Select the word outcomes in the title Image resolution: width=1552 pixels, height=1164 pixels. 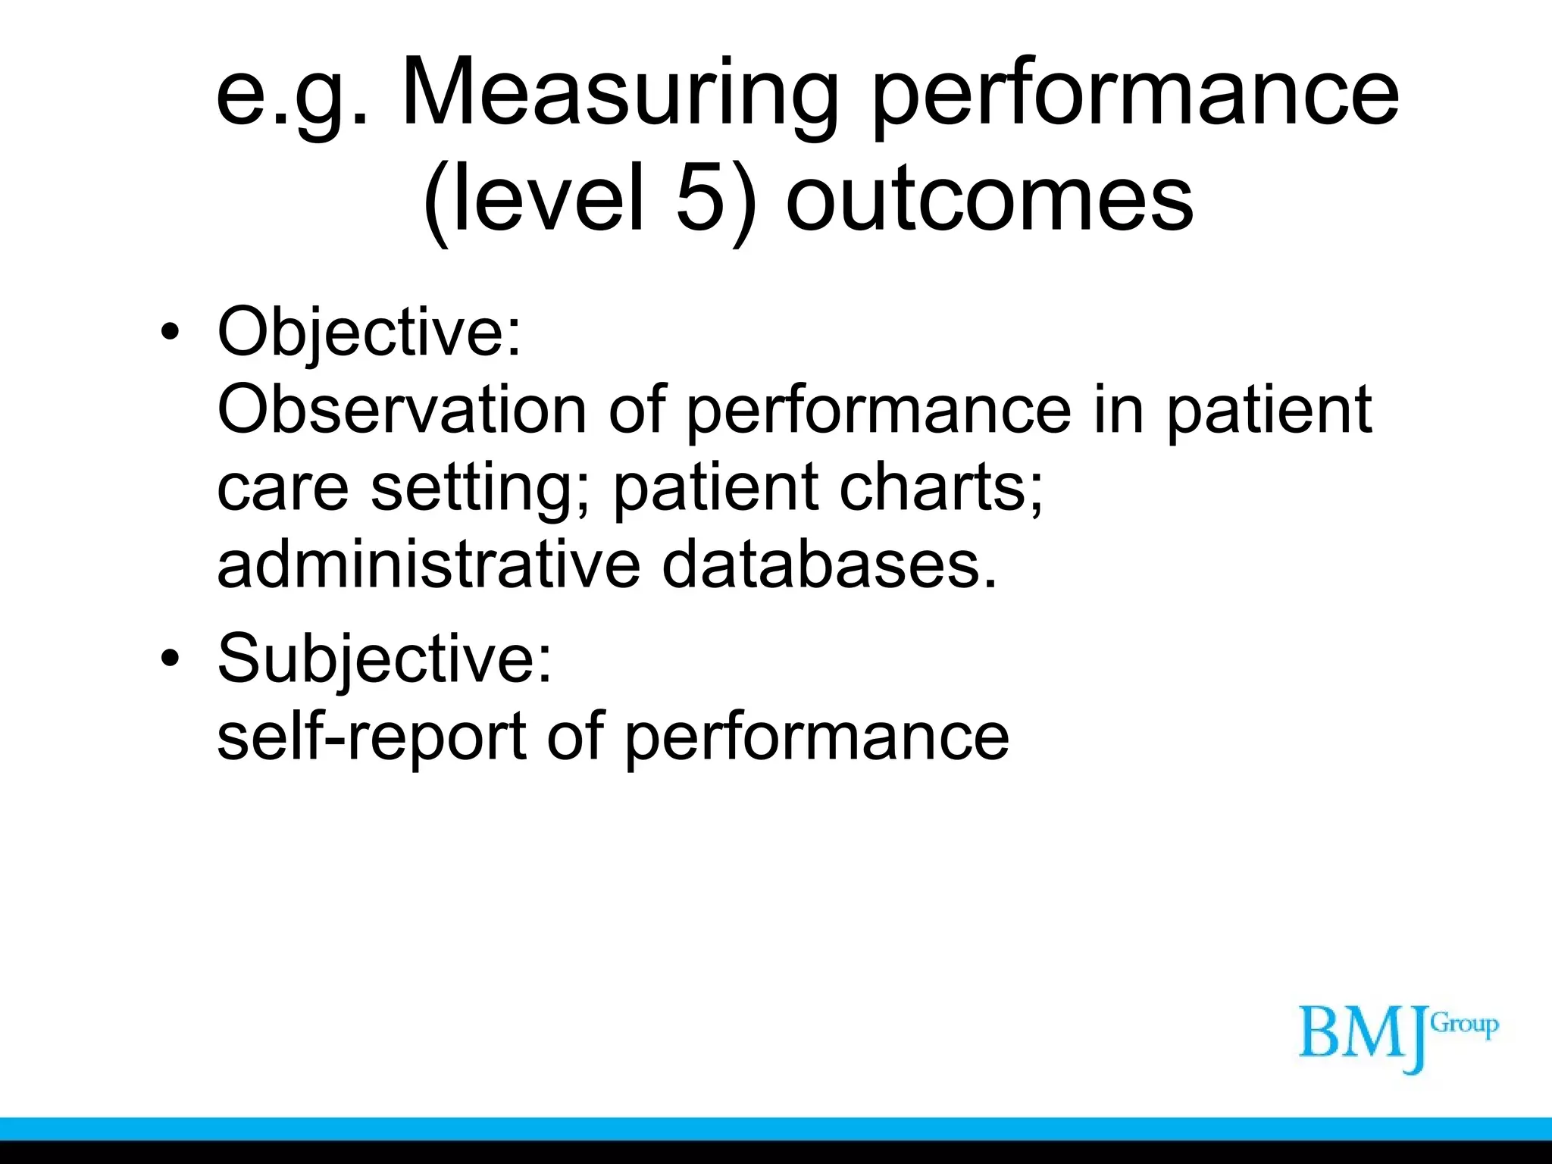coord(990,199)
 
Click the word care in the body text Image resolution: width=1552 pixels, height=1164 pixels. coord(283,488)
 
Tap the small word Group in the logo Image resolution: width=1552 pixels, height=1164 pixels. coord(1465,1025)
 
